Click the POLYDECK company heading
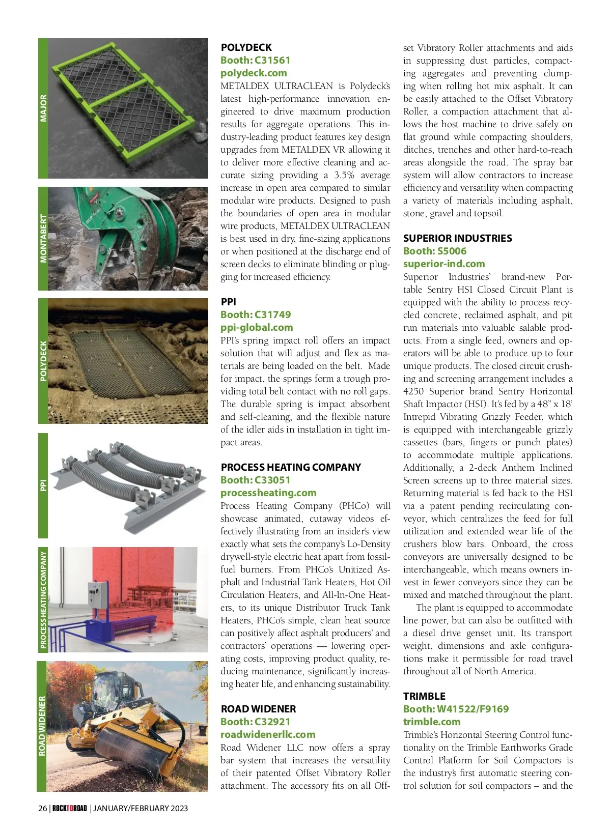pyautogui.click(x=246, y=47)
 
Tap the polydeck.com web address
pyautogui.click(x=254, y=73)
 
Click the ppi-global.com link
pyautogui.click(x=257, y=327)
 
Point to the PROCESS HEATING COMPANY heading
pyautogui.click(x=291, y=467)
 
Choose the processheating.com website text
pyautogui.click(x=268, y=493)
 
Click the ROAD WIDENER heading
pyautogui.click(x=258, y=709)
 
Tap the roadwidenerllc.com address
pyautogui.click(x=268, y=734)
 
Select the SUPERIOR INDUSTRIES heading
pyautogui.click(x=457, y=238)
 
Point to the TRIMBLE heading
pyautogui.click(x=424, y=696)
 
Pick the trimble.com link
pyautogui.click(x=432, y=722)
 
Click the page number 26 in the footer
pyautogui.click(x=42, y=808)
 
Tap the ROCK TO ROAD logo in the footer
pyautogui.click(x=70, y=808)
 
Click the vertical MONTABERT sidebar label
pyautogui.click(x=43, y=238)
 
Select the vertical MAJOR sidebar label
pyautogui.click(x=43, y=108)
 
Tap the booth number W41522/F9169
pyautogui.click(x=456, y=709)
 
